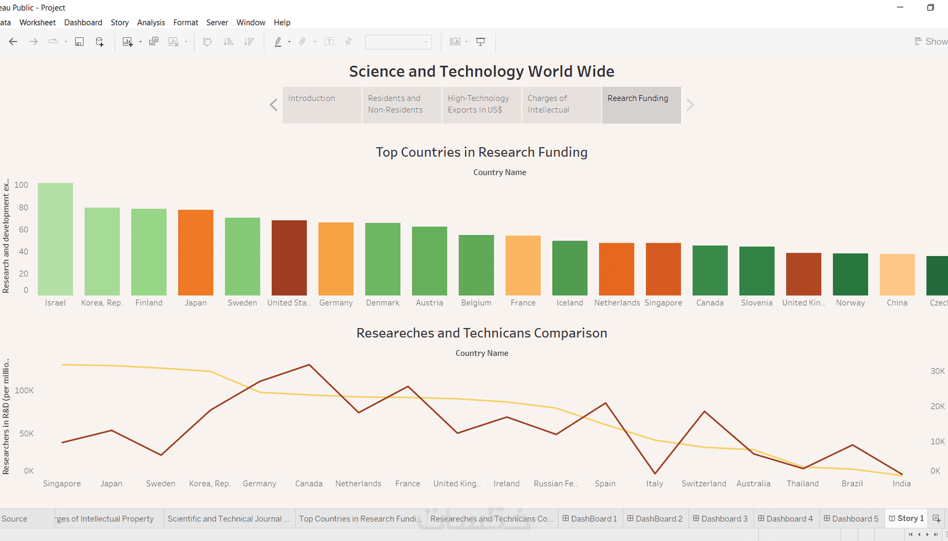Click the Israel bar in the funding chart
pyautogui.click(x=55, y=239)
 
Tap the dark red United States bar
pyautogui.click(x=289, y=258)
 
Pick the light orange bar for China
pyautogui.click(x=897, y=274)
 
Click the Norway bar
pyautogui.click(x=850, y=274)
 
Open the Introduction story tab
pyautogui.click(x=322, y=104)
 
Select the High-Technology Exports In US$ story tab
pyautogui.click(x=481, y=104)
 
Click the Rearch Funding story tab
pyautogui.click(x=641, y=104)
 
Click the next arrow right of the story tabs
pyautogui.click(x=690, y=105)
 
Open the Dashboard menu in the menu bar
pyautogui.click(x=83, y=22)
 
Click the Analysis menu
pyautogui.click(x=151, y=22)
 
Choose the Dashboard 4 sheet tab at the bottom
pyautogui.click(x=785, y=519)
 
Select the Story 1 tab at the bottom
pyautogui.click(x=906, y=519)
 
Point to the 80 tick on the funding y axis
pyautogui.click(x=23, y=207)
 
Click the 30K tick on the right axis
pyautogui.click(x=937, y=371)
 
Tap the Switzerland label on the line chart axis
pyautogui.click(x=704, y=484)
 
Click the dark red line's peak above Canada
pyautogui.click(x=309, y=365)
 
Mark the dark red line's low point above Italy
pyautogui.click(x=655, y=474)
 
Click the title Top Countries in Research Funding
pyautogui.click(x=481, y=152)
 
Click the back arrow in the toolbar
pyautogui.click(x=13, y=42)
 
